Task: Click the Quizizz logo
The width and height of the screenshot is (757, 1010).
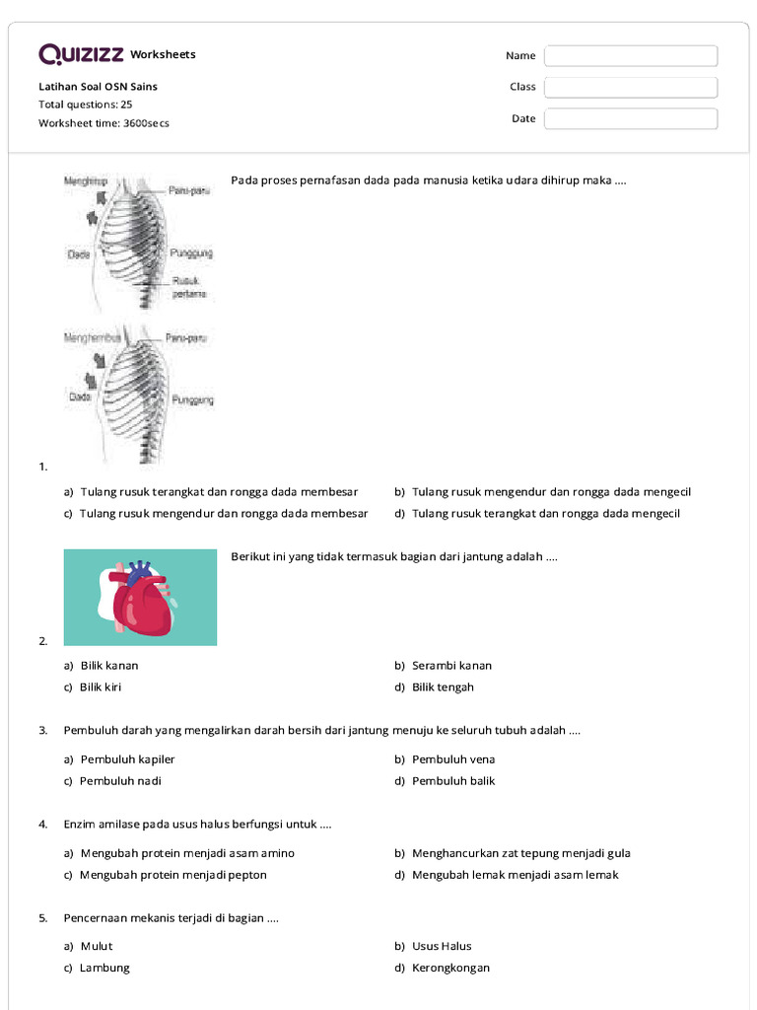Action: click(x=82, y=54)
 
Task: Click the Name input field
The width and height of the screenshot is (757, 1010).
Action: click(x=631, y=56)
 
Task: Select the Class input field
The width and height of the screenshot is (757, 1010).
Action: click(x=631, y=88)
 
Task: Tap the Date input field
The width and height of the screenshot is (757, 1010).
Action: click(x=631, y=119)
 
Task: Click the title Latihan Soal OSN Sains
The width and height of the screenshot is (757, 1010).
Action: click(x=98, y=87)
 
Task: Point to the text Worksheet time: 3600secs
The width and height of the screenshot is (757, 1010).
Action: click(x=103, y=123)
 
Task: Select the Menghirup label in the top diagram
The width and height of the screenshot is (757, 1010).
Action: click(x=85, y=181)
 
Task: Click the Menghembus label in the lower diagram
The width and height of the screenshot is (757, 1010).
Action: click(x=92, y=337)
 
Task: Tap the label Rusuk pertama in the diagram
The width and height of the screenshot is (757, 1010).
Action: click(x=188, y=287)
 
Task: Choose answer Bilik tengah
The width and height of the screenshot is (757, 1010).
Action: click(x=443, y=687)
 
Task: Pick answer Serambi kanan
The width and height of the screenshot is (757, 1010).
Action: click(x=451, y=666)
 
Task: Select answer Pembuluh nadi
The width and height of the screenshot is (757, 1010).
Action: click(x=120, y=781)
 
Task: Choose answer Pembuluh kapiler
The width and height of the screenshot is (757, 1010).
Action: click(x=127, y=759)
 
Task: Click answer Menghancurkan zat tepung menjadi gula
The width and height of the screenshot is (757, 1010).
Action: click(x=520, y=853)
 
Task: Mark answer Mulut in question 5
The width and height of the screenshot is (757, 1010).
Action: click(x=97, y=946)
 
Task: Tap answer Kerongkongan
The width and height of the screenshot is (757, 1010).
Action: click(x=450, y=968)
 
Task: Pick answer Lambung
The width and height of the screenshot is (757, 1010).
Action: click(x=104, y=968)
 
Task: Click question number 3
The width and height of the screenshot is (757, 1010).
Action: click(x=43, y=731)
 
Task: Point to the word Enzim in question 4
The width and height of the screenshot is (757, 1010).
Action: click(x=79, y=824)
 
